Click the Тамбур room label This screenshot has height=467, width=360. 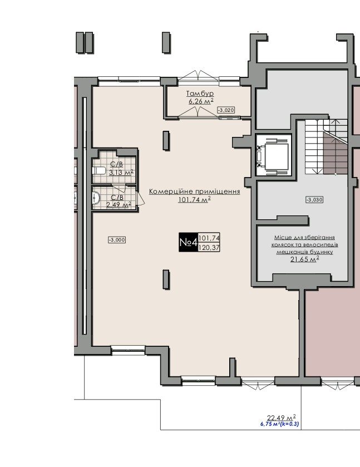click(x=200, y=94)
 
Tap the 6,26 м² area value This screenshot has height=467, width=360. click(x=201, y=101)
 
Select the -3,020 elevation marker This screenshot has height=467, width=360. click(x=226, y=110)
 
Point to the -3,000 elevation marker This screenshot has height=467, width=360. click(x=117, y=240)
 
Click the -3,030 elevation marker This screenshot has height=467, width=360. click(x=314, y=200)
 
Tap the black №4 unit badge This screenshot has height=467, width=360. click(x=188, y=242)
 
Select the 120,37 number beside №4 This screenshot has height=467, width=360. click(x=209, y=247)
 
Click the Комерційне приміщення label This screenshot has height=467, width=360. click(x=194, y=191)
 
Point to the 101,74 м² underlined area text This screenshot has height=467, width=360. click(x=194, y=200)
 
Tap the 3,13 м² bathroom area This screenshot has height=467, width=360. click(x=121, y=173)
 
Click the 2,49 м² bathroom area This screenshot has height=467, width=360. click(x=119, y=205)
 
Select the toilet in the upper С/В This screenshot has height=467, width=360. click(x=98, y=171)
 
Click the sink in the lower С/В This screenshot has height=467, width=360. click(x=96, y=198)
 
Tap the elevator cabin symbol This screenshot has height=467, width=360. click(x=273, y=155)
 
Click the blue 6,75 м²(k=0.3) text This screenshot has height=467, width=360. click(x=280, y=424)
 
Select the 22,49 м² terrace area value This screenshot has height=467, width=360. click(x=282, y=417)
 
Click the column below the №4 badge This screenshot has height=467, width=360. click(x=166, y=279)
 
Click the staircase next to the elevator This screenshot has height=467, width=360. click(x=326, y=147)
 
